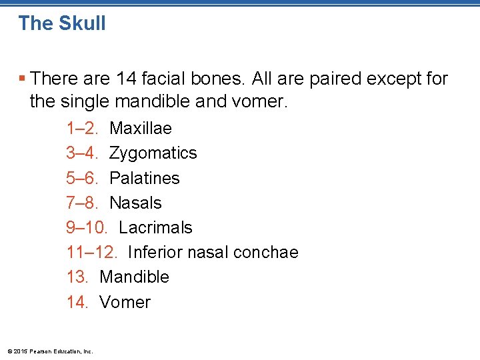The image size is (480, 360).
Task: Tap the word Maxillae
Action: [141, 128]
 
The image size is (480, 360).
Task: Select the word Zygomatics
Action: [153, 153]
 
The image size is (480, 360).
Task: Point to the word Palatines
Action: [145, 178]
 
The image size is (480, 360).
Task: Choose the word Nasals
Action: [135, 203]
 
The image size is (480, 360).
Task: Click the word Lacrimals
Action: [155, 227]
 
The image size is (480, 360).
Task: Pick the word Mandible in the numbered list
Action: [134, 277]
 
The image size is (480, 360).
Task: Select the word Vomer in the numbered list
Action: [125, 302]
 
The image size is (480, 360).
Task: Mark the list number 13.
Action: [77, 277]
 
